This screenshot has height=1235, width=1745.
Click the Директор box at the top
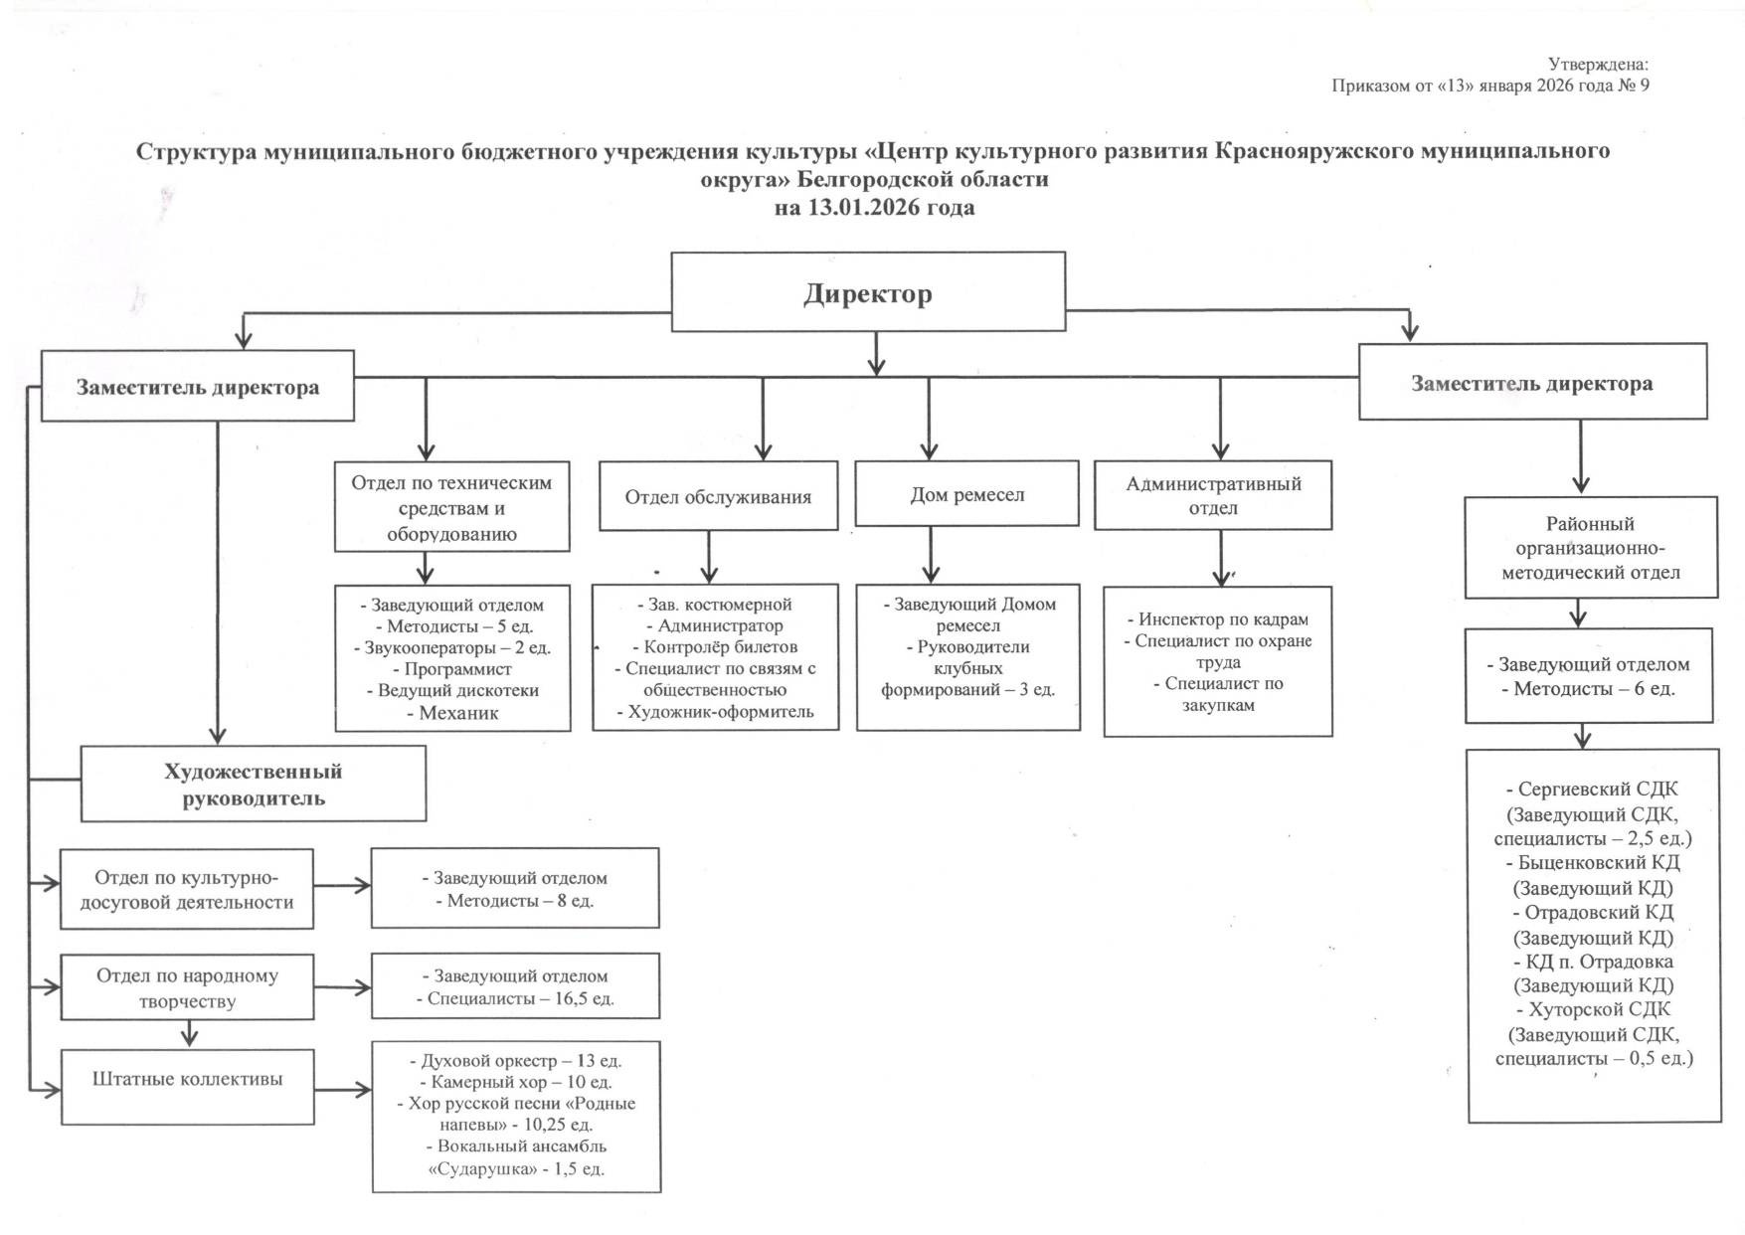[x=867, y=292]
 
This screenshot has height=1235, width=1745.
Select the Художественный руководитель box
[x=253, y=785]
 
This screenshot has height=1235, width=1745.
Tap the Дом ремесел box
[x=966, y=494]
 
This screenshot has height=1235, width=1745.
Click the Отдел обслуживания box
[x=718, y=497]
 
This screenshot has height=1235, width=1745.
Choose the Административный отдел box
[x=1213, y=495]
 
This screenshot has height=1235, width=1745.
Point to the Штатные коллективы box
[x=187, y=1079]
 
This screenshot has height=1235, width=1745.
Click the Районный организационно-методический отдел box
[x=1590, y=548]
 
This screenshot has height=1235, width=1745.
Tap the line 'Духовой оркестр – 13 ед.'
[x=516, y=1060]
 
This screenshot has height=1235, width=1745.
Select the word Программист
[x=458, y=669]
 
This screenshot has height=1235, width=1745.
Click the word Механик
[x=458, y=713]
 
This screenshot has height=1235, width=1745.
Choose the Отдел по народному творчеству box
[x=187, y=988]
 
